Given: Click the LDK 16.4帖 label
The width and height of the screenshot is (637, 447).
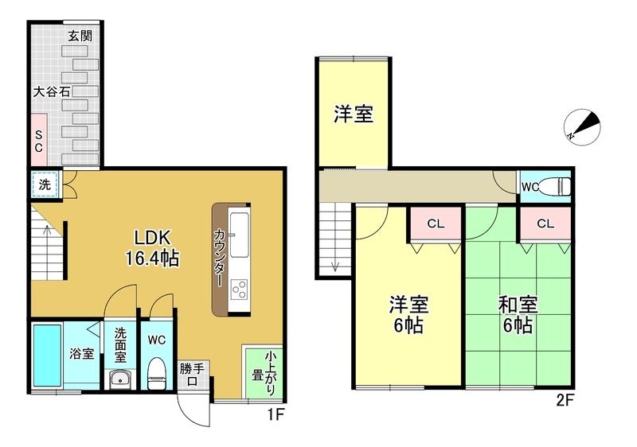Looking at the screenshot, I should pos(155,247).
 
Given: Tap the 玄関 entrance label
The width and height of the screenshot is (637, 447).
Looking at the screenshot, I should pos(80,35).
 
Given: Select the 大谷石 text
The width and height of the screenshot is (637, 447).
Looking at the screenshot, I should pos(51,91).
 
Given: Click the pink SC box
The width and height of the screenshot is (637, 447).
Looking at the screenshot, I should pos(38,140).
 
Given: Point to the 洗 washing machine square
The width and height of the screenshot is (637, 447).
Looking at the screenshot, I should pos(45,185).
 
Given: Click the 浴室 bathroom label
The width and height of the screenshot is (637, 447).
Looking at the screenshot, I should pos(81,354).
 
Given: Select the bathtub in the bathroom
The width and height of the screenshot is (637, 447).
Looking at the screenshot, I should pos(46,355).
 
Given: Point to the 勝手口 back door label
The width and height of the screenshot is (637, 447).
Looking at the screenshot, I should pos(191,374).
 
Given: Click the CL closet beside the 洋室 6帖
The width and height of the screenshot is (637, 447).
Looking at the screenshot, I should pos(435,223).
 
